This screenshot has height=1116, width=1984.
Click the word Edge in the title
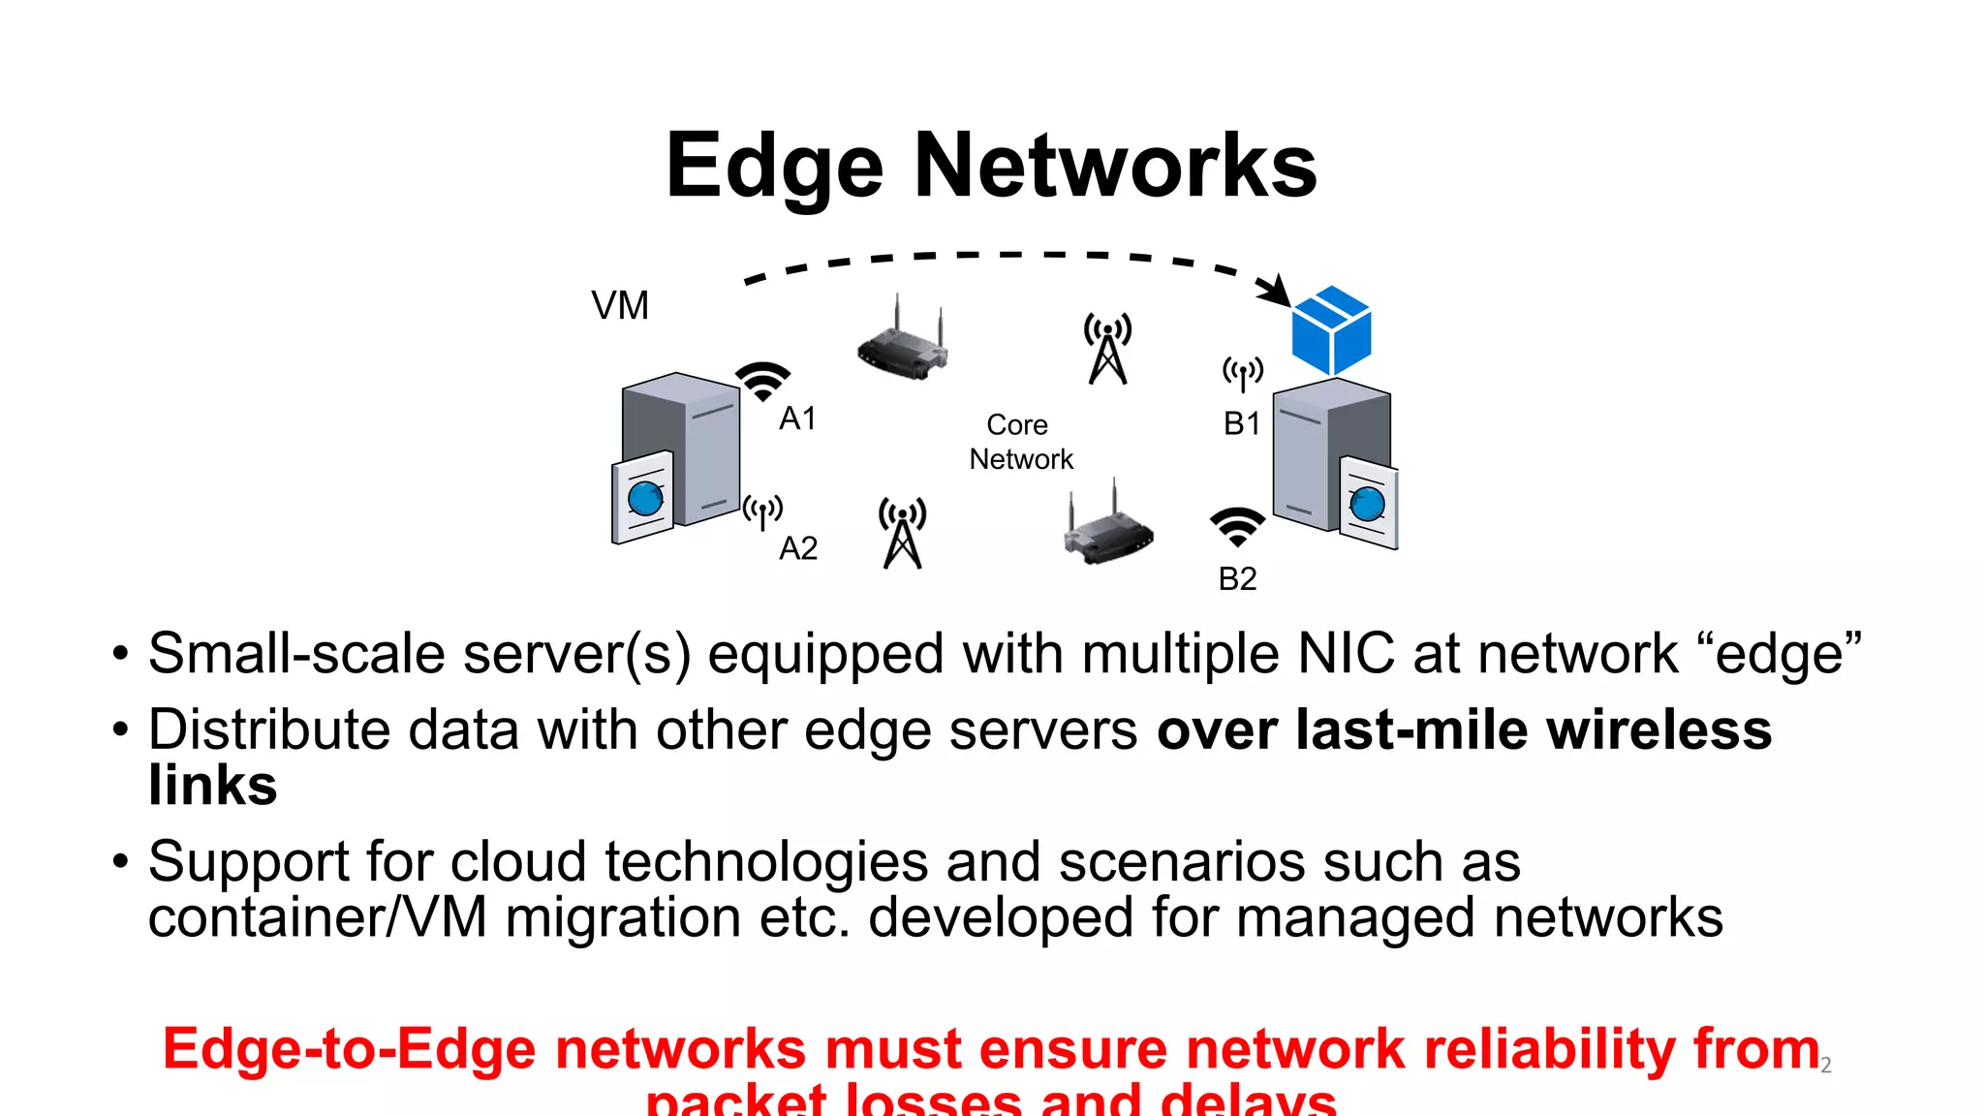774,167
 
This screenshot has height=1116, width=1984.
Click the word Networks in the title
1115,167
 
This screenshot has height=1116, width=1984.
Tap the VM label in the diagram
620,306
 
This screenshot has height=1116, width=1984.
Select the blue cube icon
1332,330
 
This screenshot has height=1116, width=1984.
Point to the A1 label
797,418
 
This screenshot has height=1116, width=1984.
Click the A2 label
798,548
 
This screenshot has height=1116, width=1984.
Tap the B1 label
1242,423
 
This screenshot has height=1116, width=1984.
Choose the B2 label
1237,578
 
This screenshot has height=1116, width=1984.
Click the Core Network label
1020,442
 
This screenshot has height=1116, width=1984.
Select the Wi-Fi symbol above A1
762,381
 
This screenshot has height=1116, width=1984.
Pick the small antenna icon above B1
1243,373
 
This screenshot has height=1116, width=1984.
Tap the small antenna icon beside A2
762,511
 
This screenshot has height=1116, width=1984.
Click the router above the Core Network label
902,342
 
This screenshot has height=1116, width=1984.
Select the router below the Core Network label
1108,528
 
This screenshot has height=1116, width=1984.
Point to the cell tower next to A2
903,533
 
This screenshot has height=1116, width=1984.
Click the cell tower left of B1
1107,349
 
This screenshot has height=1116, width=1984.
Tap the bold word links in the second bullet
213,785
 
